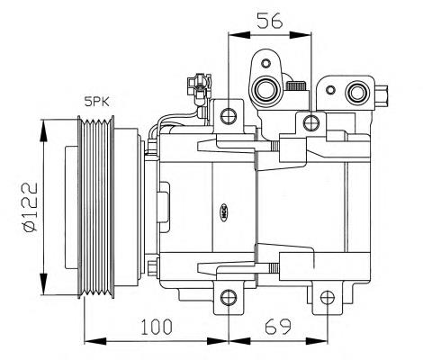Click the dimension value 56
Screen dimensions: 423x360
click(x=270, y=21)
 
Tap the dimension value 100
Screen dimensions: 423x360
click(x=157, y=327)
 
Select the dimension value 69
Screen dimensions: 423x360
click(x=278, y=327)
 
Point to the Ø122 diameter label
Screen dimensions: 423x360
click(x=31, y=207)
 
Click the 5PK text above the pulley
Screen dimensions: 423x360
click(x=97, y=102)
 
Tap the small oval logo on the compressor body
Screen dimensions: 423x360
click(x=224, y=212)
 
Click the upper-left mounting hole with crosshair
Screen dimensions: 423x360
click(x=229, y=116)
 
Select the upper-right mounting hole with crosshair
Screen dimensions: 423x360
click(x=311, y=122)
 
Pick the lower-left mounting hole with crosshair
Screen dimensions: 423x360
click(x=229, y=297)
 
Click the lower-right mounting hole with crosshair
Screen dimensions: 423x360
click(x=327, y=298)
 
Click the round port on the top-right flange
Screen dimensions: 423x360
click(x=357, y=93)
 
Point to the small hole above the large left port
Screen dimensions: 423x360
click(x=265, y=63)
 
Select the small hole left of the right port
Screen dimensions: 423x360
click(x=330, y=90)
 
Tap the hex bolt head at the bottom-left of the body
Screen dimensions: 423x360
click(x=153, y=268)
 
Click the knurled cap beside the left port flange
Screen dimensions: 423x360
click(x=296, y=85)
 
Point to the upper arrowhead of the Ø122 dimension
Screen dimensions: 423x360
click(x=44, y=130)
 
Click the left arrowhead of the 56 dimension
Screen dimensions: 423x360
click(x=239, y=35)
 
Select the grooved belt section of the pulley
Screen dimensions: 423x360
click(x=96, y=207)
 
